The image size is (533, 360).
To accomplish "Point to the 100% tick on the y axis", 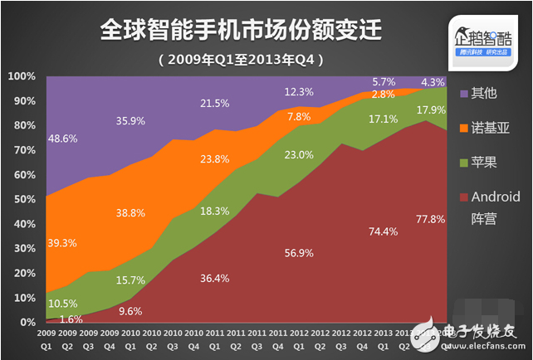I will click(x=22, y=76).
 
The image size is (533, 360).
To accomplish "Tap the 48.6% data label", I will click(x=64, y=138).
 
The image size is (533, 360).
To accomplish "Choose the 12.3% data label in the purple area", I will click(x=299, y=91).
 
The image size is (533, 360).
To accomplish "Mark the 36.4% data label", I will click(x=215, y=278).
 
